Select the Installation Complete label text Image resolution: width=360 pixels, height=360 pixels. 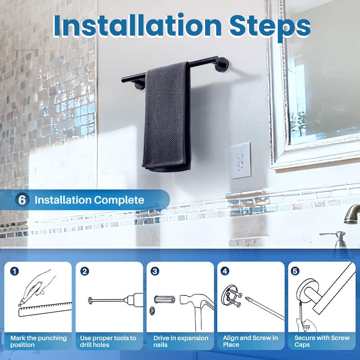point(90,200)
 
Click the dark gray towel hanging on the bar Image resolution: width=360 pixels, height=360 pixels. point(166,117)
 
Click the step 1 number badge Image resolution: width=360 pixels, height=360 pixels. point(15,271)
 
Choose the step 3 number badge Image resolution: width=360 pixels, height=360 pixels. point(155,271)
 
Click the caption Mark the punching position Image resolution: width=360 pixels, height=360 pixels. point(39,341)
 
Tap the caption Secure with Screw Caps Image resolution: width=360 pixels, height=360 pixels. point(322,341)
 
